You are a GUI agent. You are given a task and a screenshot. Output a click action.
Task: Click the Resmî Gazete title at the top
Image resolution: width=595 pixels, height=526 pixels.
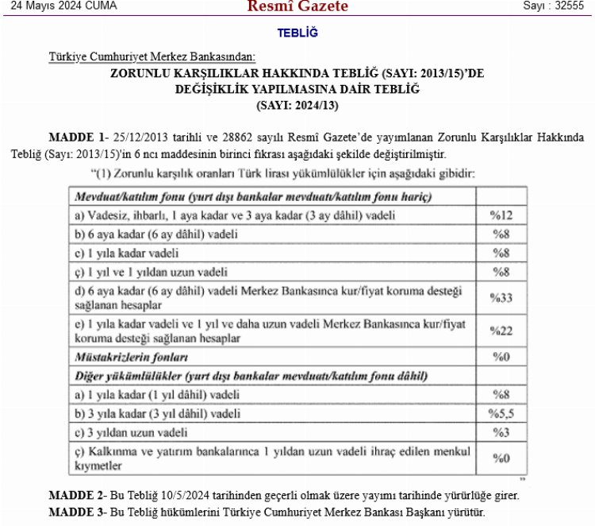coord(297,7)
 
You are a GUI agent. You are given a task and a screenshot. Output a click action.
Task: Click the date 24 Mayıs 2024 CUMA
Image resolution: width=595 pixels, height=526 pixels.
coord(59,6)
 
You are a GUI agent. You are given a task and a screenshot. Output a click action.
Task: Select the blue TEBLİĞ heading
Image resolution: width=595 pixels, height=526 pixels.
coord(297,33)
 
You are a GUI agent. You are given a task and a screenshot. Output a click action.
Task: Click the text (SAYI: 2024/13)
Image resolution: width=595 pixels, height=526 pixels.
coord(297,105)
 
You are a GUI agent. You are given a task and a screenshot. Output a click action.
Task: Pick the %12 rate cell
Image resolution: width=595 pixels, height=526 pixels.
coord(501,215)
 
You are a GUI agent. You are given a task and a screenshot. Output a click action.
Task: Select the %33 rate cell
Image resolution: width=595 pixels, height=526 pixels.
coord(501,298)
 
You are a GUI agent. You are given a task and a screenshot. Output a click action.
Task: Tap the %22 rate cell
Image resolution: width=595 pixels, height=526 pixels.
coord(501,331)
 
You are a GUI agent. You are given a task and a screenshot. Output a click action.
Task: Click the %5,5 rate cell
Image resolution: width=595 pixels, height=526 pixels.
coord(501,413)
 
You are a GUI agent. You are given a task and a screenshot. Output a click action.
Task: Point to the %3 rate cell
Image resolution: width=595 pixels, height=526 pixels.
coord(501,433)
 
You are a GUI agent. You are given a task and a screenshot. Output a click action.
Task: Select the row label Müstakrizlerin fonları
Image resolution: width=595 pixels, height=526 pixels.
coord(131,357)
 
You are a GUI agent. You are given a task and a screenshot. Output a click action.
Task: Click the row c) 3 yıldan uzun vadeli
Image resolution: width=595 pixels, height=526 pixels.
coord(131,433)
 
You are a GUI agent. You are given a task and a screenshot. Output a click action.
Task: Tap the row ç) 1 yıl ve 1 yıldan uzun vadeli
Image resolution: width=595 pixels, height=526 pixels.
coord(151,273)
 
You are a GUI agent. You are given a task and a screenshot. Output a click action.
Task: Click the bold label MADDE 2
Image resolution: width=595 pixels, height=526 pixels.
coord(76,495)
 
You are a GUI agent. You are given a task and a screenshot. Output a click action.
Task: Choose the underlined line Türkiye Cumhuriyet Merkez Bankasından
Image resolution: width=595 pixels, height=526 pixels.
coord(152,57)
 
